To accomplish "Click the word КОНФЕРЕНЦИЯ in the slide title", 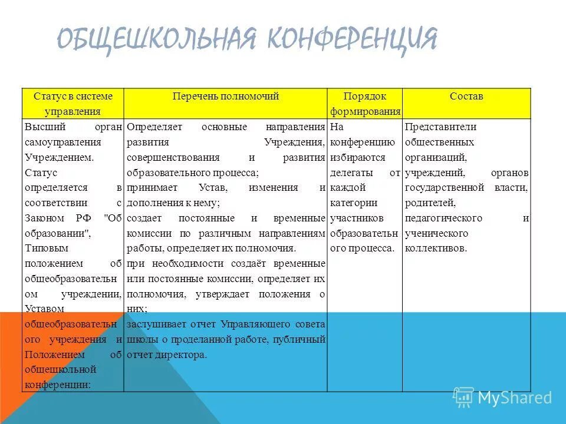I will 353,39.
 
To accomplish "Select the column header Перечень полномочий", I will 225,96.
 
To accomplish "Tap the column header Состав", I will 466,96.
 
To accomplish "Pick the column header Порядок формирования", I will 365,104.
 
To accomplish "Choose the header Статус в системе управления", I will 73,104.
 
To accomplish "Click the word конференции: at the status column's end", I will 58,385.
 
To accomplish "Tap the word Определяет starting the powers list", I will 156,127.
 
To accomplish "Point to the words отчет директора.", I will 167,355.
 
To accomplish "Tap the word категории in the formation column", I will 353,203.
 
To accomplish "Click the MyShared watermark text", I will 515,398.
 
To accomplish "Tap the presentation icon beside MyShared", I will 463,397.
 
